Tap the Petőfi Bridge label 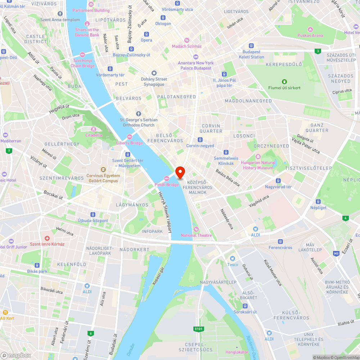[167, 185]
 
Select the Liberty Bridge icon [129, 136]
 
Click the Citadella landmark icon [94, 129]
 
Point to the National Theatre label [196, 235]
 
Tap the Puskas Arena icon [310, 29]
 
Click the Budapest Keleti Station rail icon [252, 46]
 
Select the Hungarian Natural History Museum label [258, 165]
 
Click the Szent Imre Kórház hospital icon [47, 238]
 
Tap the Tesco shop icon [233, 258]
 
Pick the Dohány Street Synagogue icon [154, 73]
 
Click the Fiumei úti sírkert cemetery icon [284, 81]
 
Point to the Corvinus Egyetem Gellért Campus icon [103, 170]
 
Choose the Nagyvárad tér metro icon [278, 180]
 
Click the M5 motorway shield [336, 253]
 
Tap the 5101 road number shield [198, 329]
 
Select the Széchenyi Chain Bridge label [83, 63]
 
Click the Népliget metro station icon [318, 202]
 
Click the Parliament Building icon [91, 4]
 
